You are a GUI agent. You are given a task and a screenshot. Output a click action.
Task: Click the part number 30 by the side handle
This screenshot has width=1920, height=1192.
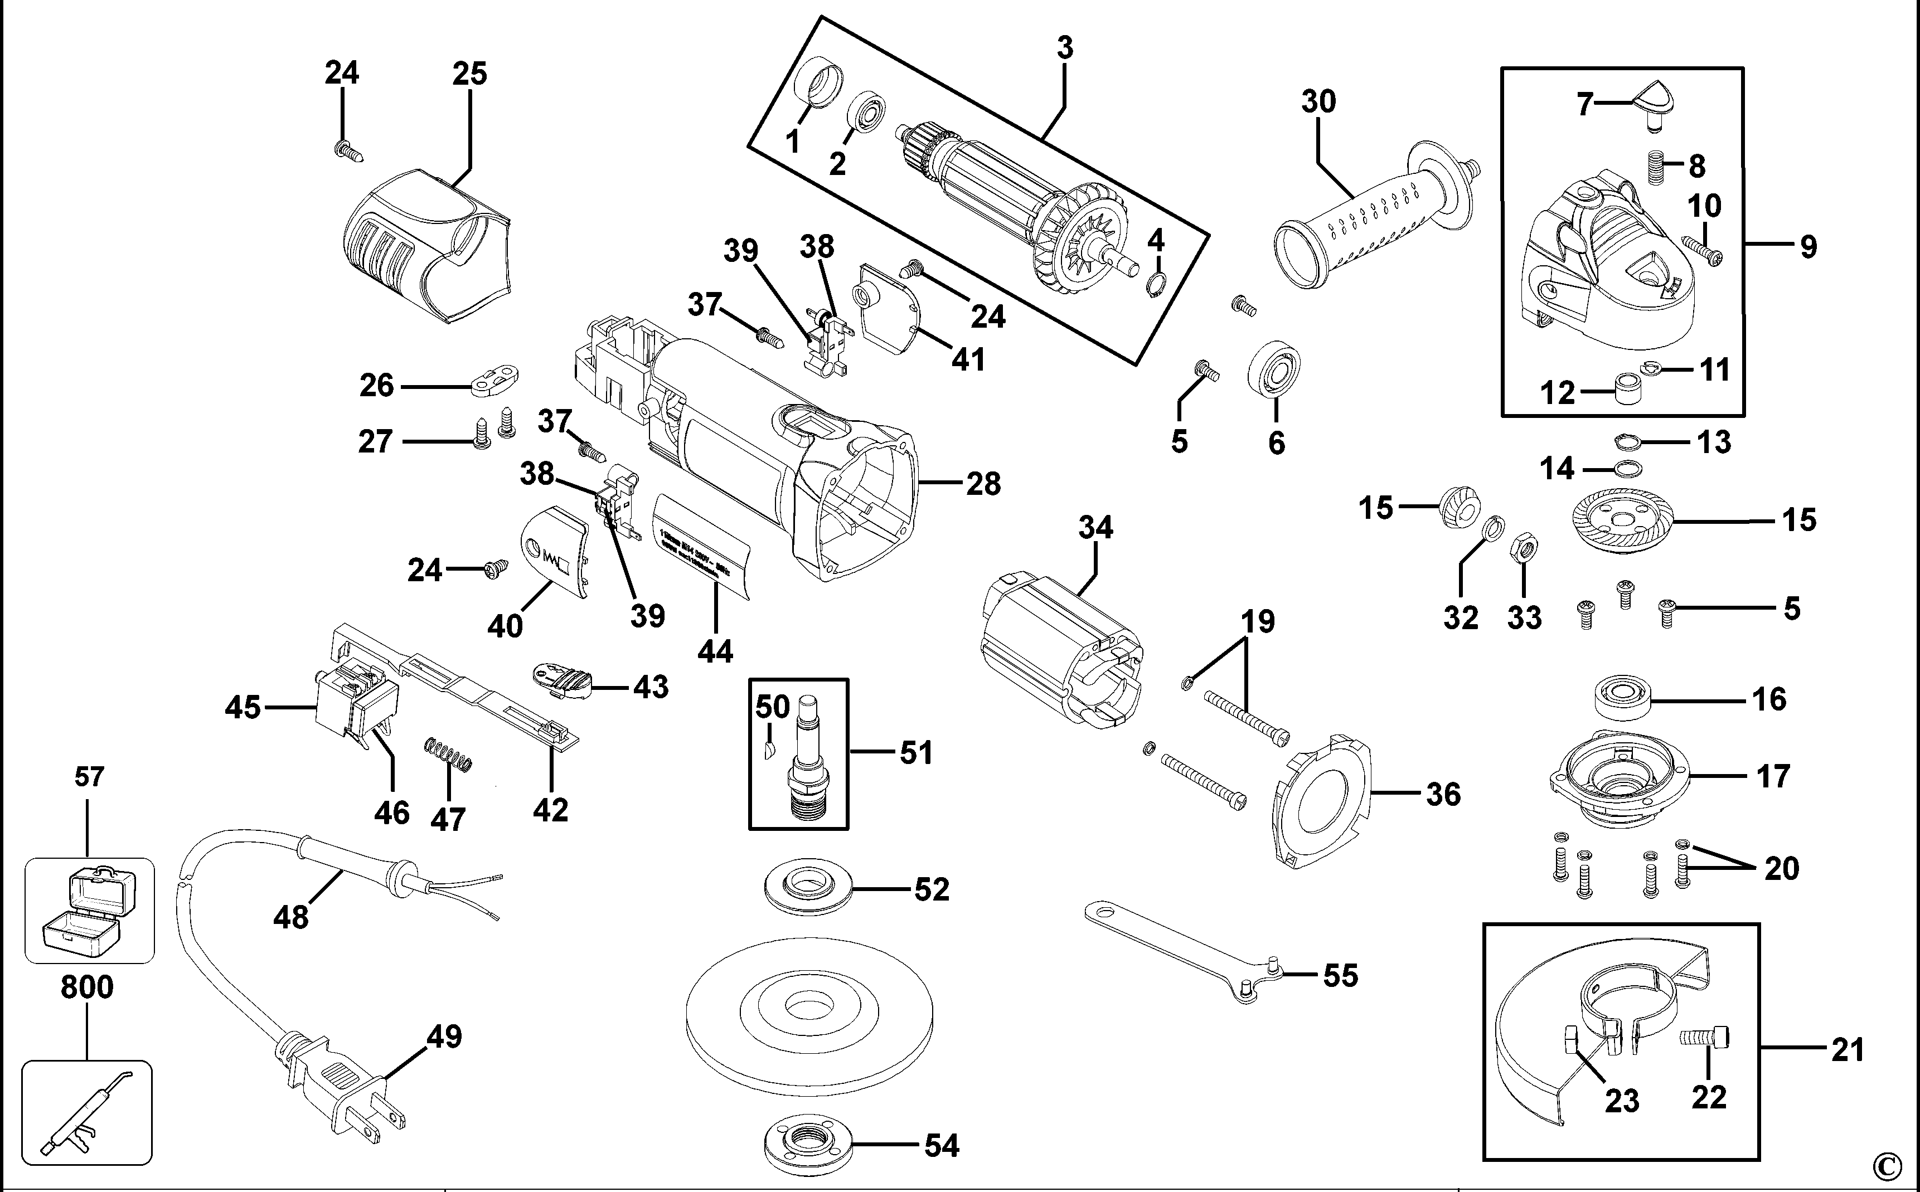[1318, 101]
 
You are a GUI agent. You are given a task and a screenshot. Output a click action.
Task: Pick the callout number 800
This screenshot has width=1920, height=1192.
[87, 987]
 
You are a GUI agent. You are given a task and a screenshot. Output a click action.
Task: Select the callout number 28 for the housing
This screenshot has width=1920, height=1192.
[983, 483]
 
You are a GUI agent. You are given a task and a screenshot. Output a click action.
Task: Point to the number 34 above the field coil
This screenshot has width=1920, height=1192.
[1095, 527]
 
